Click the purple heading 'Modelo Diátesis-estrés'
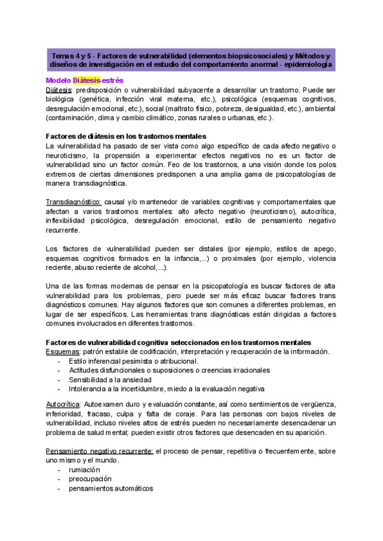[x=86, y=80]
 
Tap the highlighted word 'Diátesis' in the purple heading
[x=87, y=80]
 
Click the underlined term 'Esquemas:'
[x=63, y=352]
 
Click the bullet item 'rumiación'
[x=87, y=470]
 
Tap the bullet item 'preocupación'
[x=90, y=479]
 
